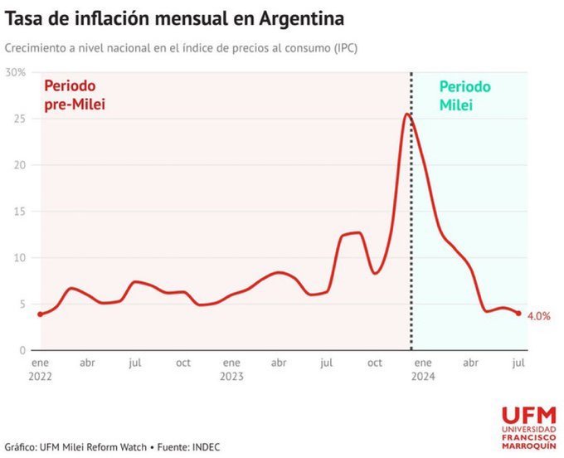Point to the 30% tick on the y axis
(16, 73)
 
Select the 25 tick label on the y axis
(20, 119)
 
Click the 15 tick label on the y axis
(20, 212)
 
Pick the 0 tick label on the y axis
(22, 350)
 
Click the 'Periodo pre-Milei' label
(75, 95)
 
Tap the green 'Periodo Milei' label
(464, 96)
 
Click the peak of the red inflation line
(407, 114)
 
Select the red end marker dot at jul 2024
(518, 314)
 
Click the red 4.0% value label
(538, 316)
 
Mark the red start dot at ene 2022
(40, 314)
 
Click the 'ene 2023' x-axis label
(231, 369)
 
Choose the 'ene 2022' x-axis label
(40, 369)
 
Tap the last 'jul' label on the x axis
(518, 363)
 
